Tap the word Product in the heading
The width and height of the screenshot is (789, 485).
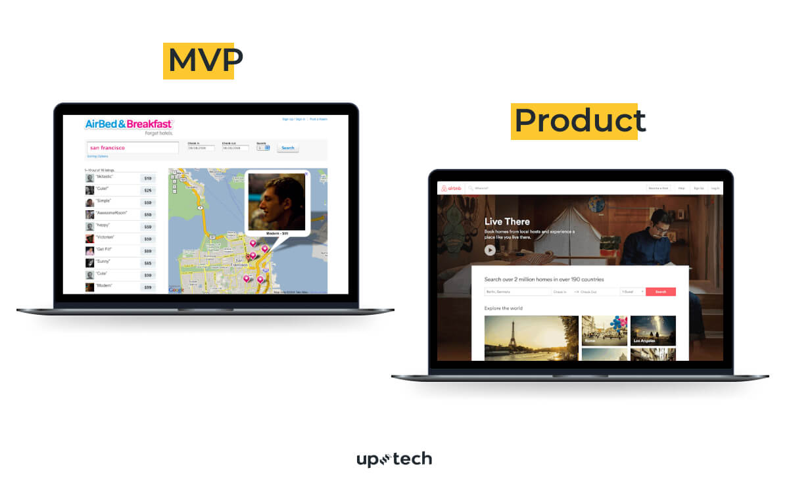[x=579, y=121]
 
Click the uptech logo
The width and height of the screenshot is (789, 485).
[x=394, y=459]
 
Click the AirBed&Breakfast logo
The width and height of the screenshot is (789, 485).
[x=129, y=124]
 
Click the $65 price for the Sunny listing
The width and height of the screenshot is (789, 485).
[x=148, y=263]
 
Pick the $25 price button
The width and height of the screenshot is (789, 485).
[x=148, y=191]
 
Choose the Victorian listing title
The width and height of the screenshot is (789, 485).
[x=106, y=237]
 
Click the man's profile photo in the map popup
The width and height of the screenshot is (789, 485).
[x=277, y=201]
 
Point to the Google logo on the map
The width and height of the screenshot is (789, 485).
[x=176, y=290]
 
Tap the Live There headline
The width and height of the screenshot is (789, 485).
[x=507, y=221]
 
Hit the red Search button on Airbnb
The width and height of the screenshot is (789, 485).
[x=660, y=292]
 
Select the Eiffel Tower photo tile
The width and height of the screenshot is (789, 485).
[x=531, y=338]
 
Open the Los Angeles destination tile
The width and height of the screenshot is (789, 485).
[x=653, y=331]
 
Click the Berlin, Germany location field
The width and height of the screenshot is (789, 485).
[x=517, y=292]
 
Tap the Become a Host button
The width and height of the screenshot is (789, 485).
[x=658, y=189]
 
